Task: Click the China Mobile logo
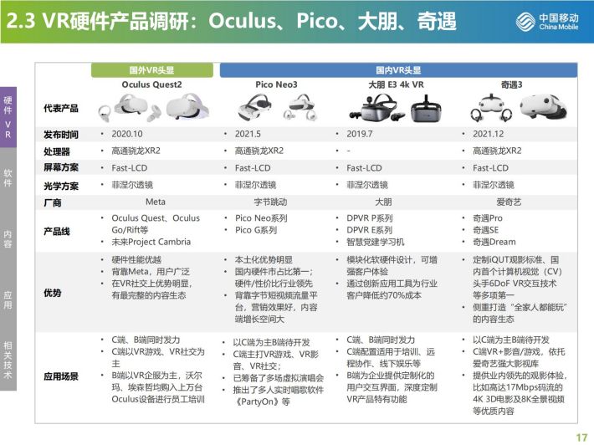[x=547, y=21]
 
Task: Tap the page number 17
[x=581, y=437]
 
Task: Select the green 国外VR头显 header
[x=152, y=70]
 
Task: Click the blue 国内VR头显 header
[x=398, y=70]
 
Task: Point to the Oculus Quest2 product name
[x=151, y=84]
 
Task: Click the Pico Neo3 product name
[x=276, y=84]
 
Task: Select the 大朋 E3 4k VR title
[x=396, y=84]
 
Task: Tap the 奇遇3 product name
[x=511, y=84]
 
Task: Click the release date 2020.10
[x=127, y=134]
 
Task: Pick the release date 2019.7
[x=360, y=134]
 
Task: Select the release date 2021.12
[x=489, y=134]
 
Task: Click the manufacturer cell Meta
[x=156, y=202]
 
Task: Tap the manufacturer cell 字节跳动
[x=270, y=202]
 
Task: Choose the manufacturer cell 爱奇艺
[x=509, y=202]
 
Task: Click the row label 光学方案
[x=61, y=186]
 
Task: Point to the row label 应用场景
[x=61, y=376]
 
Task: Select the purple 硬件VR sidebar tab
[x=8, y=117]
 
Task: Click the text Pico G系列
[x=256, y=230]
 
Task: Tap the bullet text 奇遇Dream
[x=494, y=242]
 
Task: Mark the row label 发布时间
[x=61, y=135]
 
